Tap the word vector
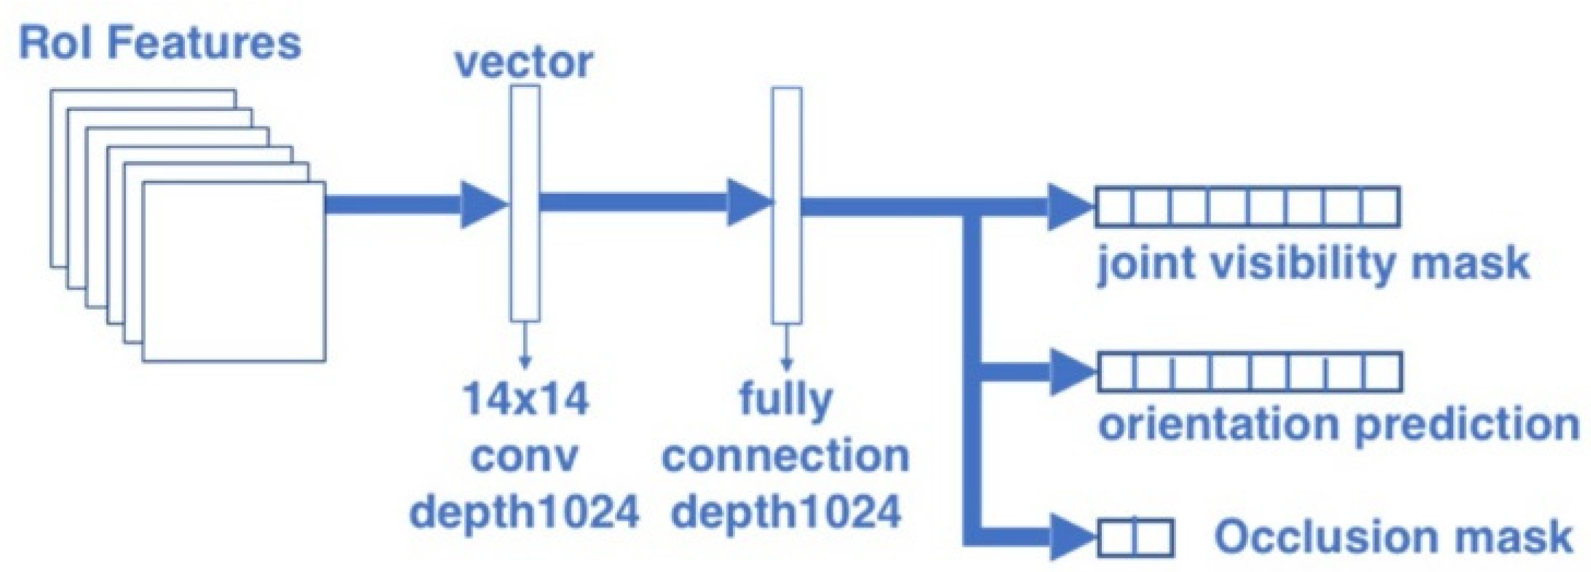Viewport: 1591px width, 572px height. [524, 63]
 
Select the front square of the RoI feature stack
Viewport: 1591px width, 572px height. [234, 271]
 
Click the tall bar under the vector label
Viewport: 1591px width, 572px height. [525, 203]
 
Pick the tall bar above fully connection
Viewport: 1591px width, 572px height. [787, 205]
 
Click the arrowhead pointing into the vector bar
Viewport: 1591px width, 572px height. [483, 204]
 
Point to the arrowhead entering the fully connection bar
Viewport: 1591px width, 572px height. [749, 202]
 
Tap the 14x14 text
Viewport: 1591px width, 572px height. [525, 399]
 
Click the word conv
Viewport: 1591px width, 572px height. [525, 456]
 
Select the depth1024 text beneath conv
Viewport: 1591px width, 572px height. [524, 512]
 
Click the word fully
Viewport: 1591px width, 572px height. [786, 400]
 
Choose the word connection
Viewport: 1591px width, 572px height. [786, 456]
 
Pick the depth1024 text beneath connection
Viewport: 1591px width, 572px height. [786, 512]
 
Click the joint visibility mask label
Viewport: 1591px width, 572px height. [1313, 264]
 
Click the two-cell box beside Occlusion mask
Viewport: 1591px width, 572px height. [1136, 537]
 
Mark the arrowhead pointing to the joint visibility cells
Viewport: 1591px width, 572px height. [1070, 206]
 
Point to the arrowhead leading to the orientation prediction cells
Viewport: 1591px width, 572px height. [1072, 372]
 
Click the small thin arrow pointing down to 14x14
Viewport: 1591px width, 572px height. [525, 346]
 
